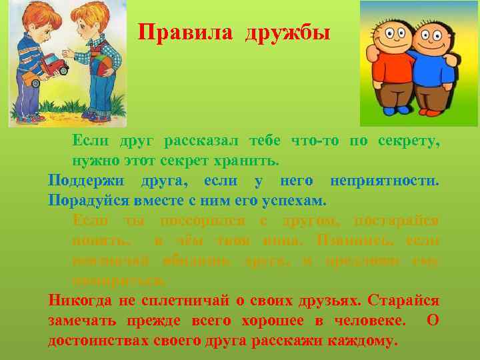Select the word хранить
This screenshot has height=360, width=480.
tap(249, 161)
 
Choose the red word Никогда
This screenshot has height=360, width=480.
tap(81, 301)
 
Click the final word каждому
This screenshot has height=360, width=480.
tap(363, 341)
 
